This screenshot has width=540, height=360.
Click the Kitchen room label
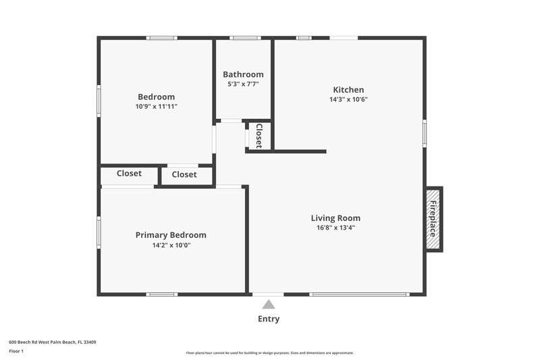click(348, 90)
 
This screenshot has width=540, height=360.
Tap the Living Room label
click(335, 218)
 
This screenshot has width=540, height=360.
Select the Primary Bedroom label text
click(171, 235)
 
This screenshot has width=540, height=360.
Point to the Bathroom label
click(243, 74)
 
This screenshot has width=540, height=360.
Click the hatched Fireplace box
click(433, 219)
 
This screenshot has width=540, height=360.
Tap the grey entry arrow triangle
click(269, 305)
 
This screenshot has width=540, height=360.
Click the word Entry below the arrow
click(269, 319)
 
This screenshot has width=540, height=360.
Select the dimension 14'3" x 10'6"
click(348, 99)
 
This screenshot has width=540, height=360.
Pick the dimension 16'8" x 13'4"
click(335, 228)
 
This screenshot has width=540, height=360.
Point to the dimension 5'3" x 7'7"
click(243, 84)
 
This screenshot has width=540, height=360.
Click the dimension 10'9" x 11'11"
click(156, 106)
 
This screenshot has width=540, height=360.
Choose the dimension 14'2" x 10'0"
click(171, 245)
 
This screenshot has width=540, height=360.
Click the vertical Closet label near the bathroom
click(259, 135)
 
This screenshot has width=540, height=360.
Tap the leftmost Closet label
click(129, 174)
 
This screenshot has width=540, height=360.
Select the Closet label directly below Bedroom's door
click(184, 174)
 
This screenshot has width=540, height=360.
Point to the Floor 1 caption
click(16, 351)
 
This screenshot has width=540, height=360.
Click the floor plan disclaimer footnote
click(269, 353)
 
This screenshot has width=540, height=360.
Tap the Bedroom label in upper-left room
click(156, 97)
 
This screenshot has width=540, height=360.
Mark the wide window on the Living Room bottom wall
click(359, 294)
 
